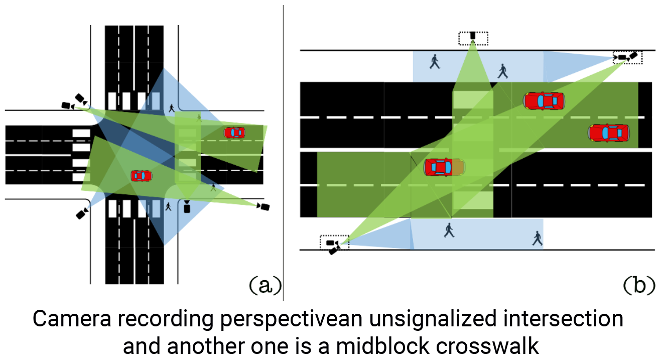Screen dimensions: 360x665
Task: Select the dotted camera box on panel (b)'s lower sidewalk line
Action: (334, 244)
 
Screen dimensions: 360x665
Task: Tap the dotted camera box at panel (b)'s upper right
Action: (627, 57)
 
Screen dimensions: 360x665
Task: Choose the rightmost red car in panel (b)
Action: (608, 133)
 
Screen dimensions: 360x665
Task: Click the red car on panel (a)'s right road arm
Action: (234, 133)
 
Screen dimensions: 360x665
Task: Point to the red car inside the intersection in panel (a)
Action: (142, 176)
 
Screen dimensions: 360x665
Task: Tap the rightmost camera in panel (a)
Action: (263, 206)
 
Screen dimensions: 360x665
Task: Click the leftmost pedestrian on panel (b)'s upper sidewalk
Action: (435, 62)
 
